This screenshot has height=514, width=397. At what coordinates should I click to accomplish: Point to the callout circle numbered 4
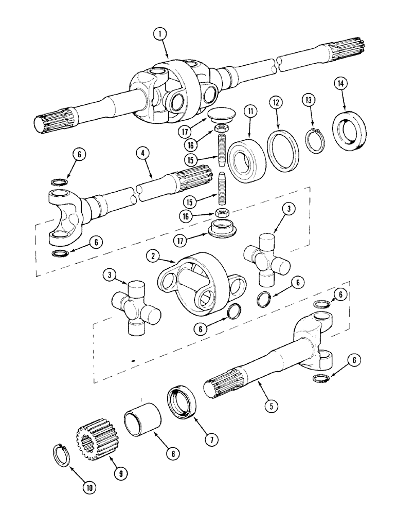144,153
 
